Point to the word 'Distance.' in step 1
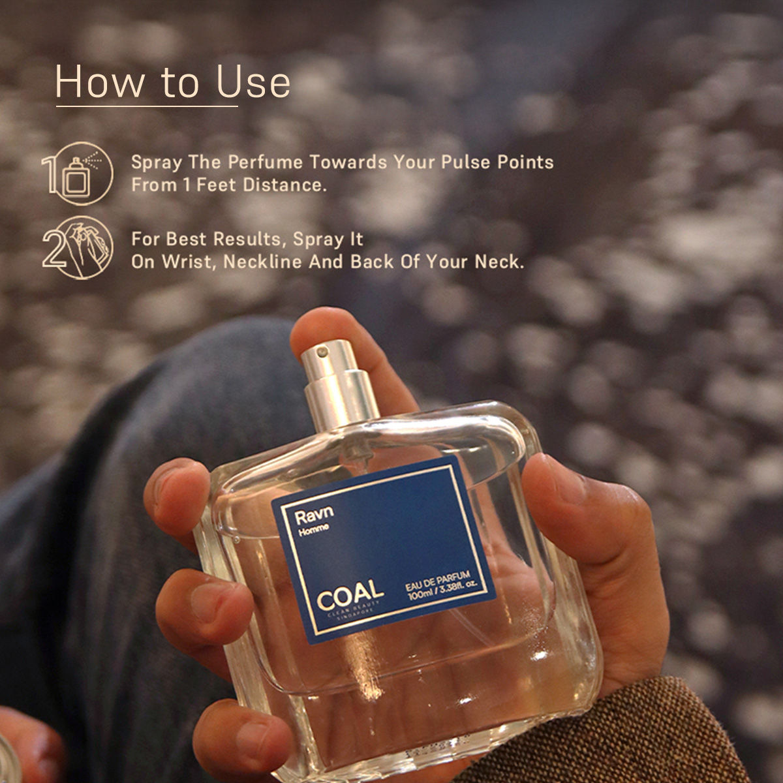[x=284, y=185]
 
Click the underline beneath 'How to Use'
[x=147, y=106]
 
